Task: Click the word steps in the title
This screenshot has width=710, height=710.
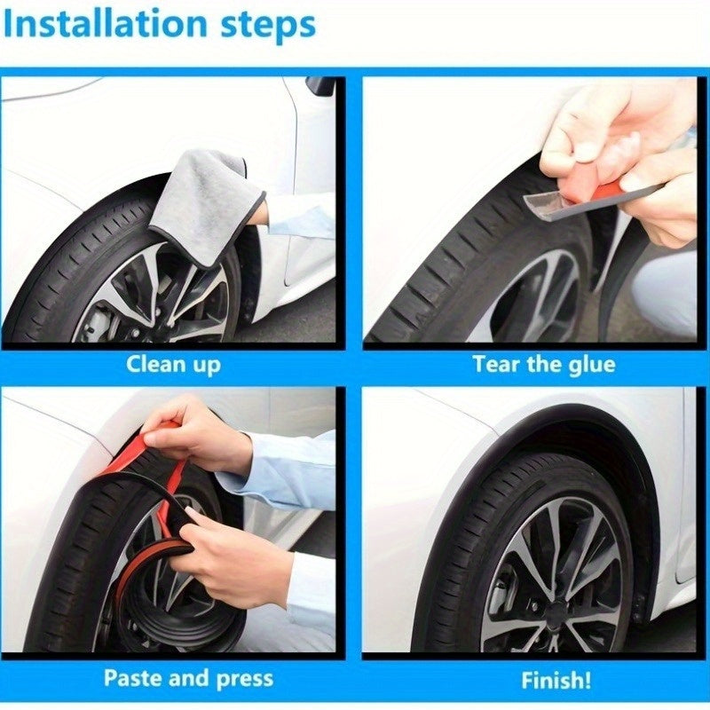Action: (x=268, y=27)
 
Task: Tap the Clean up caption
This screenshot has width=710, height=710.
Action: (x=173, y=365)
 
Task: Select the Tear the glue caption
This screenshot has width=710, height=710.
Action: (x=544, y=365)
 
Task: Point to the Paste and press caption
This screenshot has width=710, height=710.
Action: (x=188, y=679)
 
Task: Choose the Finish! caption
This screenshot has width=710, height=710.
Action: (x=556, y=680)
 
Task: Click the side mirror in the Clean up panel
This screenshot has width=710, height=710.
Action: (x=319, y=85)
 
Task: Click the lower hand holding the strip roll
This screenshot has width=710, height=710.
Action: (x=235, y=557)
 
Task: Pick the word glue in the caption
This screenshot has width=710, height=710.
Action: (x=592, y=366)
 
